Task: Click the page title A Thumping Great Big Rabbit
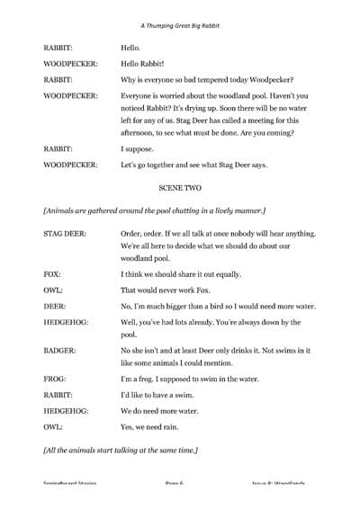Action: (180, 26)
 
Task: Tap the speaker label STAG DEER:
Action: (64, 233)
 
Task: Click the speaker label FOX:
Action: (51, 271)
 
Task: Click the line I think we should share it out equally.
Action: (191, 271)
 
